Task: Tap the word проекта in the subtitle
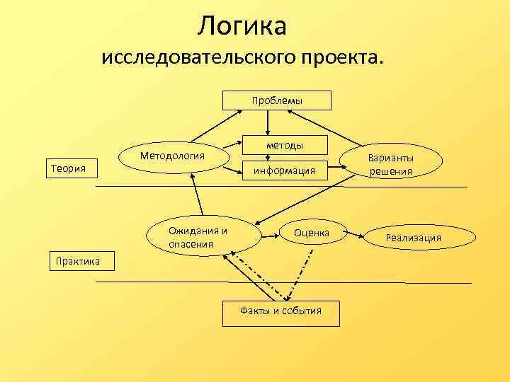338,57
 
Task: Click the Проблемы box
277,100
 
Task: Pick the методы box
285,145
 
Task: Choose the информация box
285,170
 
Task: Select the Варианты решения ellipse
390,165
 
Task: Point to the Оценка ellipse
312,233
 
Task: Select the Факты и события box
280,311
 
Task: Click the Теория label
65,168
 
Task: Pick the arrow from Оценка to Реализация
358,233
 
